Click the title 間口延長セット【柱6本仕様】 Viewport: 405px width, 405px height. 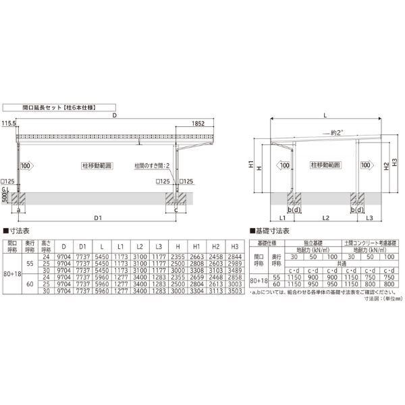pyautogui.click(x=51, y=107)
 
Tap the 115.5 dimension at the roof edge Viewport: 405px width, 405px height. pyautogui.click(x=8, y=124)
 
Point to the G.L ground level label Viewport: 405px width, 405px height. pyautogui.click(x=5, y=188)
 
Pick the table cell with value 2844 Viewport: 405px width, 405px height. pyautogui.click(x=234, y=256)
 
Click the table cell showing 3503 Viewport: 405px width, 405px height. pyautogui.click(x=234, y=290)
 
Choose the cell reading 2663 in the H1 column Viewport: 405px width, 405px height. pyautogui.click(x=197, y=256)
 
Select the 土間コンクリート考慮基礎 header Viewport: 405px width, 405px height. pyautogui.click(x=370, y=241)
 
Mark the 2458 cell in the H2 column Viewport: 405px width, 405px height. pyautogui.click(x=216, y=256)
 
